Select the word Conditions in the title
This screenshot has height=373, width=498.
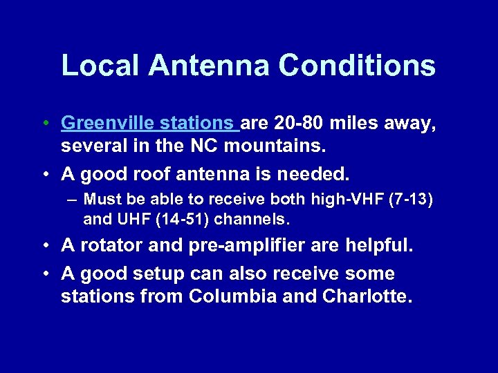coord(357,65)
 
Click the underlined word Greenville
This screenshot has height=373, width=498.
coord(109,124)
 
